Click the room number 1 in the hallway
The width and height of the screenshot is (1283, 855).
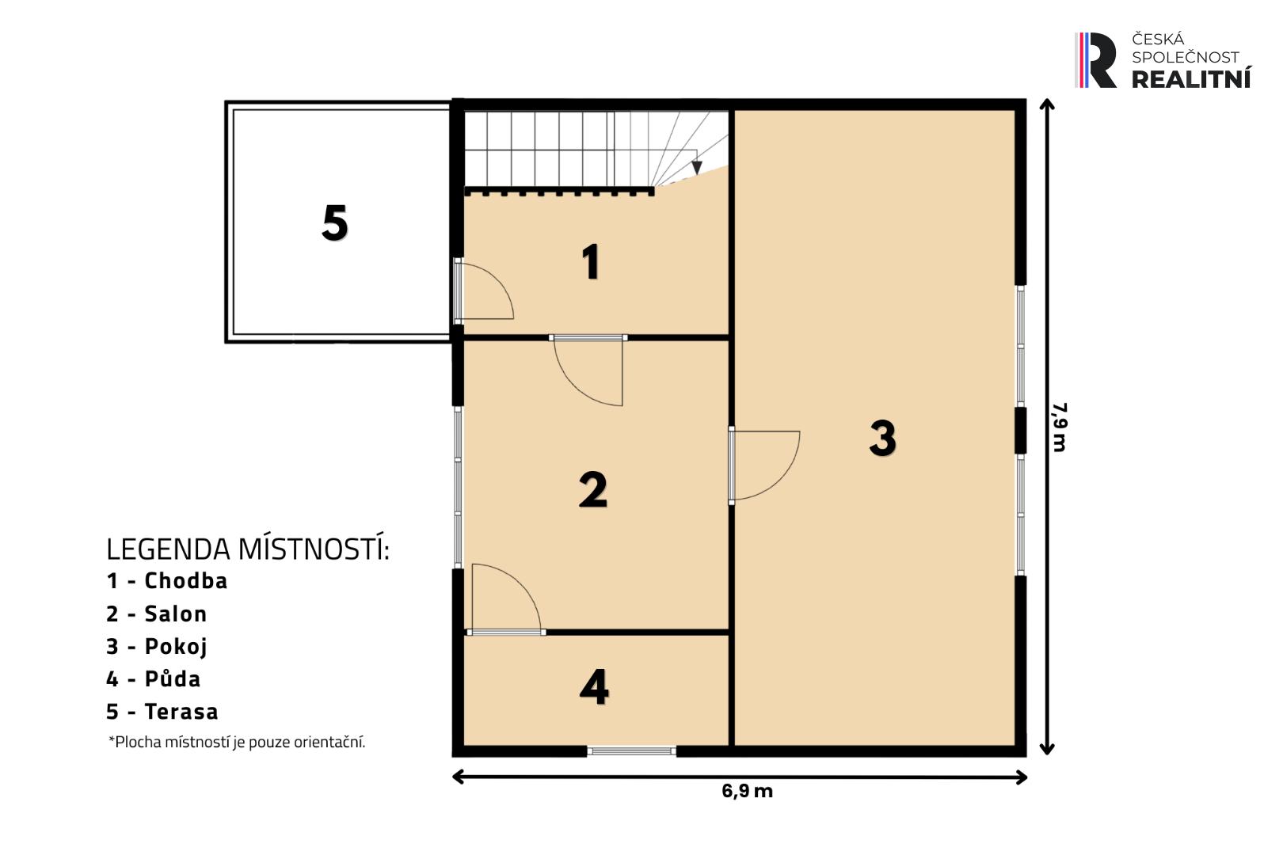pyautogui.click(x=591, y=262)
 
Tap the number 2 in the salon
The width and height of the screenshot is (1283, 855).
pyautogui.click(x=593, y=489)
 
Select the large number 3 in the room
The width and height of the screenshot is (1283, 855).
pyautogui.click(x=882, y=439)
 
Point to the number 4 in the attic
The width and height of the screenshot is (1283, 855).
pyautogui.click(x=594, y=686)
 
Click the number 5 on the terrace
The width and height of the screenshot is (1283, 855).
pyautogui.click(x=335, y=222)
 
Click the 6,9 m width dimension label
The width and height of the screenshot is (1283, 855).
pyautogui.click(x=747, y=791)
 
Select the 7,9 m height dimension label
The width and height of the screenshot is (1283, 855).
pyautogui.click(x=1060, y=427)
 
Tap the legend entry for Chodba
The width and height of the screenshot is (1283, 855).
pyautogui.click(x=166, y=581)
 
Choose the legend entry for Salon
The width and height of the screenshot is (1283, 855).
pyautogui.click(x=156, y=614)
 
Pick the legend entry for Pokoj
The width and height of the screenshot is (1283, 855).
pyautogui.click(x=156, y=647)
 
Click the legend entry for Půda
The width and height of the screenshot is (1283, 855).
pyautogui.click(x=154, y=678)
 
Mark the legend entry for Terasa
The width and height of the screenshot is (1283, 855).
pyautogui.click(x=162, y=712)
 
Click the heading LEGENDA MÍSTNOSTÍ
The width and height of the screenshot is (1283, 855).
pyautogui.click(x=248, y=549)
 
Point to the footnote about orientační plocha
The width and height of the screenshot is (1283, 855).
pyautogui.click(x=237, y=742)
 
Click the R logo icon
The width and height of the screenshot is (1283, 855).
pyautogui.click(x=1095, y=60)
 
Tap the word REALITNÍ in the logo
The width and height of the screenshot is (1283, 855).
pyautogui.click(x=1191, y=78)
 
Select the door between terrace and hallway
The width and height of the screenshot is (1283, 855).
pyautogui.click(x=484, y=289)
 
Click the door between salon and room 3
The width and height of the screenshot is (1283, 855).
pyautogui.click(x=764, y=465)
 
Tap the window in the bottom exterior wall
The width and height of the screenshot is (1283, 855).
pyautogui.click(x=631, y=750)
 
